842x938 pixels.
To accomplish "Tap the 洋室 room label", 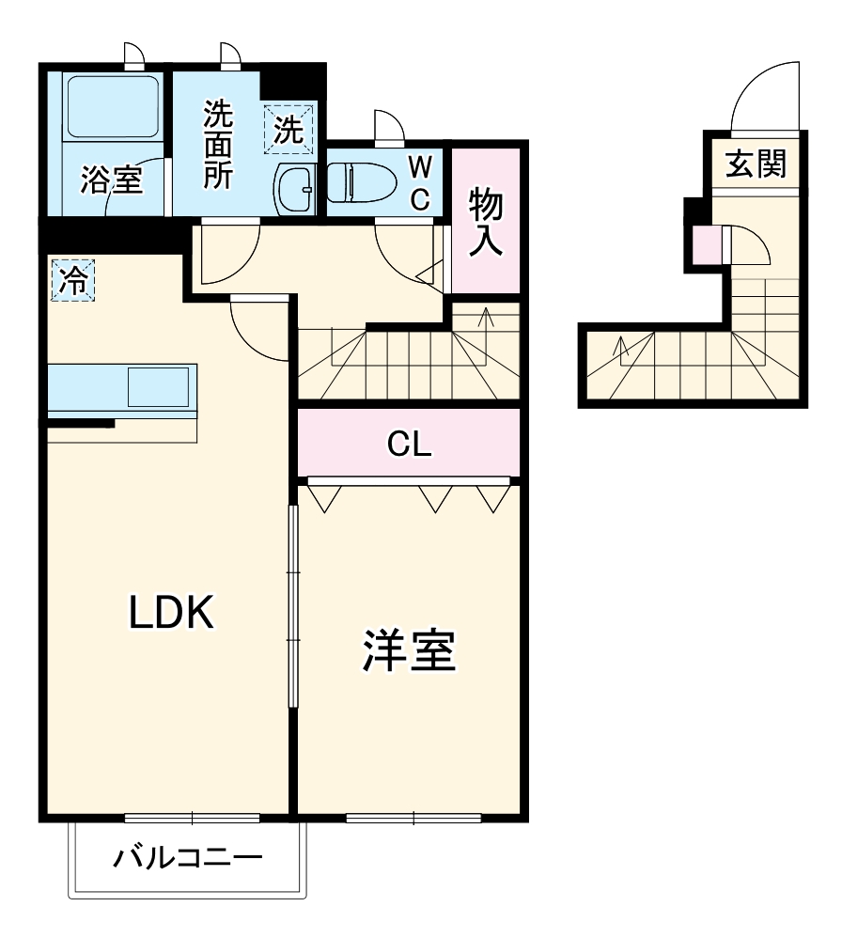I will click(x=410, y=650).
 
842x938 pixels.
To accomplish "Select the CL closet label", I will click(x=410, y=445).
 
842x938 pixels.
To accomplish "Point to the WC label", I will click(x=421, y=182).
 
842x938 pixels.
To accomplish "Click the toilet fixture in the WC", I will click(x=361, y=180).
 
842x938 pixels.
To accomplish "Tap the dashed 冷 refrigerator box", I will click(x=73, y=279).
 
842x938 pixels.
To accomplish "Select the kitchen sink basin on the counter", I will click(x=157, y=387).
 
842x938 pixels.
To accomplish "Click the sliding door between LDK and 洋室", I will click(x=293, y=606).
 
